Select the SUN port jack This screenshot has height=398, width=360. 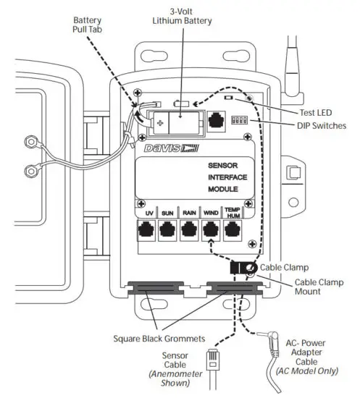(x=168, y=231)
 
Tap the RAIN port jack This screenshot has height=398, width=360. (x=190, y=231)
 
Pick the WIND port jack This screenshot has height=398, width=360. (x=212, y=231)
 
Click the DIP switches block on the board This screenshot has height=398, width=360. (x=238, y=117)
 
